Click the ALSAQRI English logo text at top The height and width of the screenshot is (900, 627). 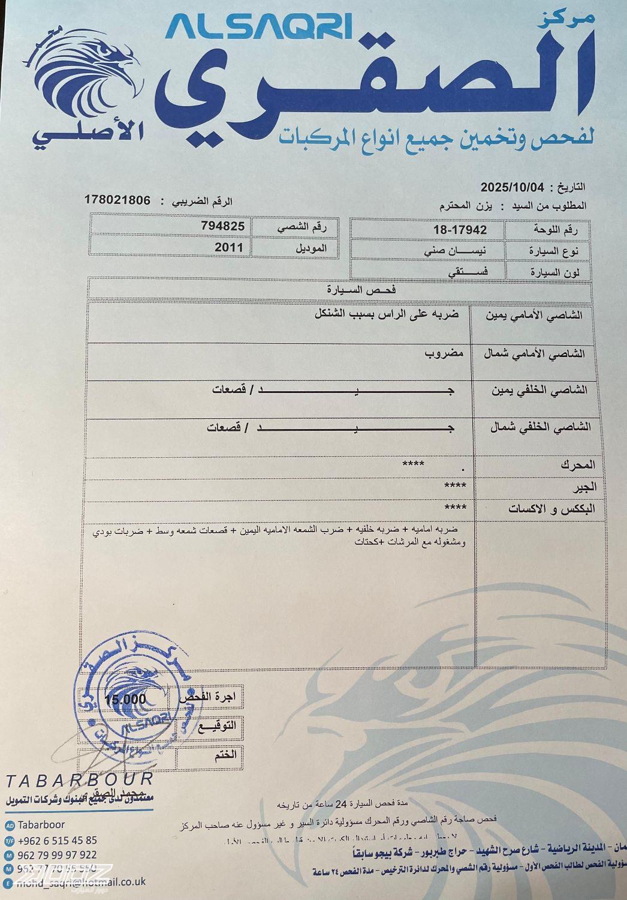(259, 28)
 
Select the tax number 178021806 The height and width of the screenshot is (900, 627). (117, 200)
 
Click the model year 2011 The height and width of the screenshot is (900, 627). (229, 247)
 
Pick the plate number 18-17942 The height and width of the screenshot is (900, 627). (460, 230)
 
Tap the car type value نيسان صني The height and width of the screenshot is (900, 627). (460, 251)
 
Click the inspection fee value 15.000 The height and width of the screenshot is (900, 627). (125, 699)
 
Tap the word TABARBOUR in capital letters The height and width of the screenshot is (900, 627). (79, 779)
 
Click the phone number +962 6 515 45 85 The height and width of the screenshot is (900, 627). (58, 840)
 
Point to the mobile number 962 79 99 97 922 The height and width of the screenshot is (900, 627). (58, 854)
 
